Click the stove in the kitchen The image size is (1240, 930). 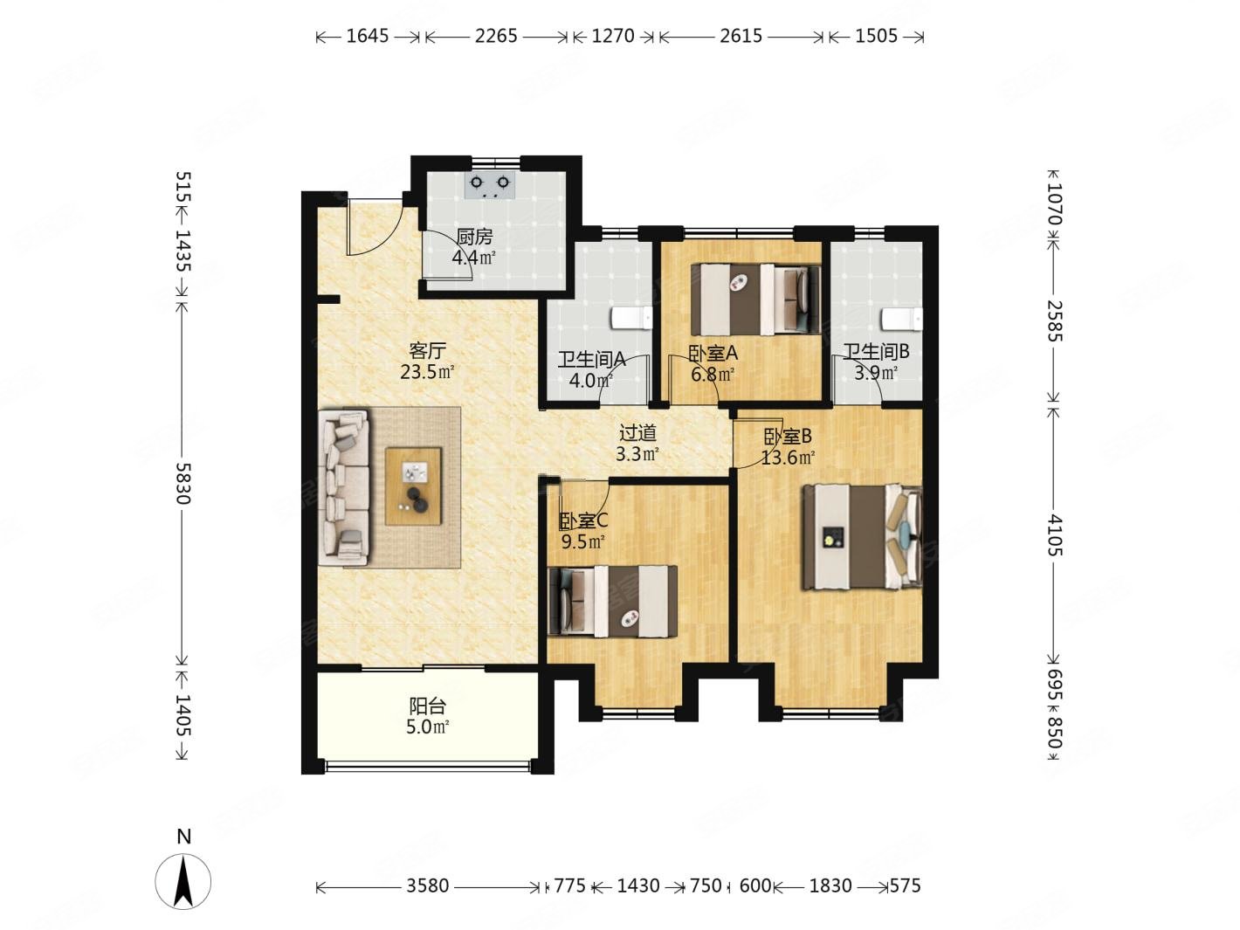(x=489, y=184)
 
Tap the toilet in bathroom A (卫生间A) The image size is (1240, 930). (x=632, y=318)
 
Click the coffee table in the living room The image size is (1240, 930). (x=413, y=486)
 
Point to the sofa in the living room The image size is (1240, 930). (x=343, y=487)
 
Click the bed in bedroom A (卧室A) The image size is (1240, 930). (x=755, y=300)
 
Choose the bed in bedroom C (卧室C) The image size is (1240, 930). (x=613, y=602)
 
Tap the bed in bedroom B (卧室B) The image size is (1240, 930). (x=862, y=537)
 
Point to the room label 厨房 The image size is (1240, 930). (x=474, y=238)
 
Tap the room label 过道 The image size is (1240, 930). (x=637, y=433)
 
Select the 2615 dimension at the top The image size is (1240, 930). (x=741, y=36)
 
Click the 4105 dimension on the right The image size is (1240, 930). (x=1054, y=535)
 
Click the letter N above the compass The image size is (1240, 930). (x=184, y=837)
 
